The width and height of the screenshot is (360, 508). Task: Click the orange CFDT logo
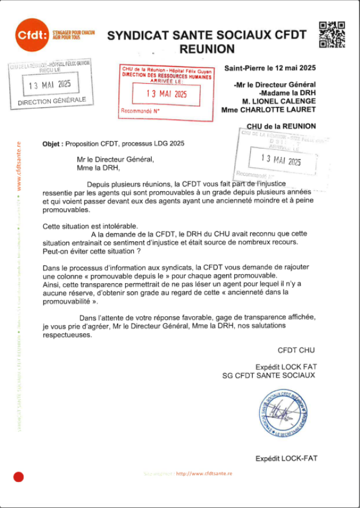pyautogui.click(x=32, y=35)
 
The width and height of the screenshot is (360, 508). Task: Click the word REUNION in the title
pyautogui.click(x=207, y=49)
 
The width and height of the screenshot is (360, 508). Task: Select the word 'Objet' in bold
pyautogui.click(x=53, y=143)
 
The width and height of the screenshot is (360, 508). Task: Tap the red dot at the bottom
pyautogui.click(x=18, y=477)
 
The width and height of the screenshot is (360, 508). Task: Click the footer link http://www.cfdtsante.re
pyautogui.click(x=204, y=473)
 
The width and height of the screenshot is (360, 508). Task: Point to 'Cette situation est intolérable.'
pyautogui.click(x=90, y=226)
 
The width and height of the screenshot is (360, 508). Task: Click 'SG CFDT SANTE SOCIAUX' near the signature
pyautogui.click(x=269, y=375)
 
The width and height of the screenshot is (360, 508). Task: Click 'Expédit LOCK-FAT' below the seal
pyautogui.click(x=286, y=458)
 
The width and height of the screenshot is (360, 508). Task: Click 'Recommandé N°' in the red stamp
pyautogui.click(x=139, y=110)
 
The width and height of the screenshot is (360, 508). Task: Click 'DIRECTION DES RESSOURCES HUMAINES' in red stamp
pyautogui.click(x=166, y=76)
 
